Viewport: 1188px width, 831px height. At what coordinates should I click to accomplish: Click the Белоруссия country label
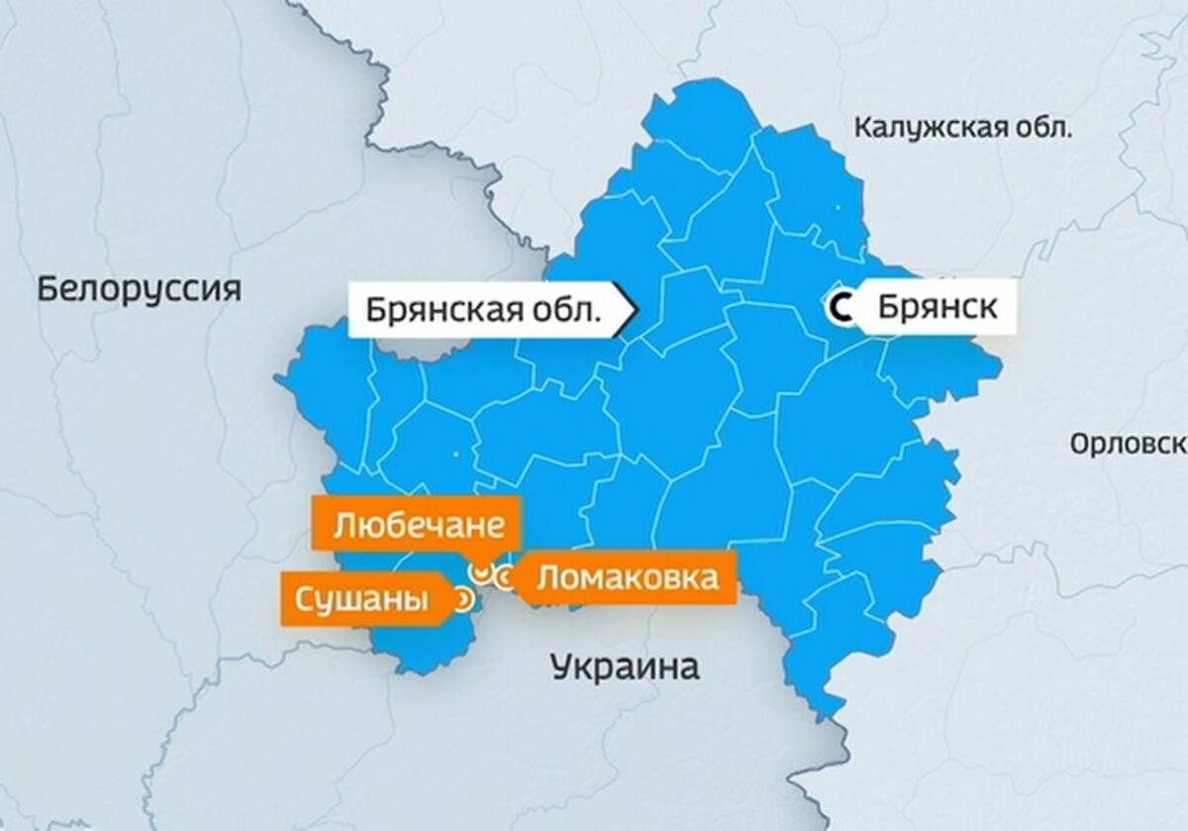pyautogui.click(x=139, y=290)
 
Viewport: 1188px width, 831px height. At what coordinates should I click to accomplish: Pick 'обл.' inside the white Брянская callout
pyautogui.click(x=568, y=310)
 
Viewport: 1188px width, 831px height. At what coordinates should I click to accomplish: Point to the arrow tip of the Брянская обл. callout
pyautogui.click(x=635, y=310)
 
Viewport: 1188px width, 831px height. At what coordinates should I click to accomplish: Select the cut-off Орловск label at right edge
pyautogui.click(x=1128, y=443)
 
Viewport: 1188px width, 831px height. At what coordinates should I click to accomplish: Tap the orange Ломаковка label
pyautogui.click(x=627, y=577)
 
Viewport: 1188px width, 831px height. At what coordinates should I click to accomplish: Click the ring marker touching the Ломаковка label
pyautogui.click(x=504, y=577)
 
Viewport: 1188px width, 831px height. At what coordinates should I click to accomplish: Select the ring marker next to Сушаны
pyautogui.click(x=461, y=598)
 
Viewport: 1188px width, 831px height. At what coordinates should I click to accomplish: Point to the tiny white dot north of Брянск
pyautogui.click(x=838, y=207)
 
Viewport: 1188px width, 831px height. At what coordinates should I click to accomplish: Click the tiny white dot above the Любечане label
pyautogui.click(x=456, y=455)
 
